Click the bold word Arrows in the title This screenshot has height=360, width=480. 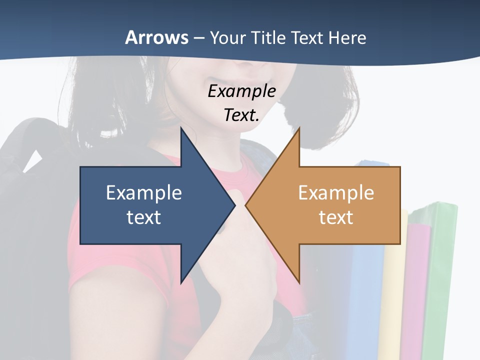(156, 37)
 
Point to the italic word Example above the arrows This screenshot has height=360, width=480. (241, 91)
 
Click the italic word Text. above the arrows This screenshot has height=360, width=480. (241, 115)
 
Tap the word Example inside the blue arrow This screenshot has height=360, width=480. (144, 192)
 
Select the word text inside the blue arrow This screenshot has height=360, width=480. (144, 217)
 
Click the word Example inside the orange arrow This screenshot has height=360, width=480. (336, 192)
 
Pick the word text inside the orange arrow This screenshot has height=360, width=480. (336, 217)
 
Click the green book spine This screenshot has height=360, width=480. (440, 280)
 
